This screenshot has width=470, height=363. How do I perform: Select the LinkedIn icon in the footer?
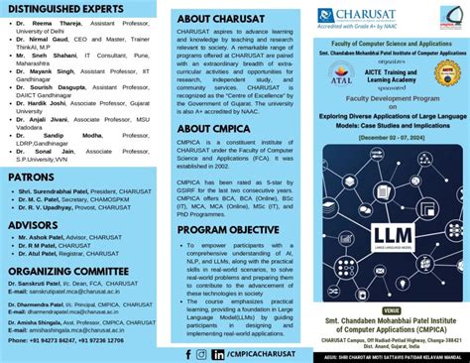[217, 353]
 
